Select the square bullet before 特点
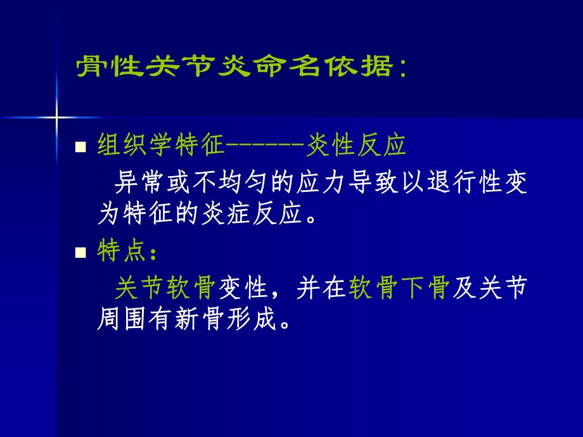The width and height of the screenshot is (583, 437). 80,253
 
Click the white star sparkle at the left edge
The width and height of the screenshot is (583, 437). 56,117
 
